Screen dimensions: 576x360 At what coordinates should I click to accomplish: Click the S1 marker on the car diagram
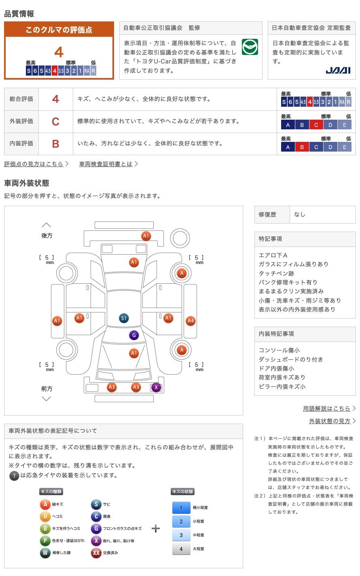tap(124, 318)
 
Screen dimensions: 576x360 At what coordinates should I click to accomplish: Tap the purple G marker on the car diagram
tap(134, 335)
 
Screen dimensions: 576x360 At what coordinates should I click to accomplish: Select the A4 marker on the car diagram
tap(191, 321)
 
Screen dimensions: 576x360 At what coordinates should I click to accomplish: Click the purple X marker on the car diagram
tap(156, 387)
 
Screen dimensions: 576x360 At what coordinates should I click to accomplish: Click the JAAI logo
tap(338, 70)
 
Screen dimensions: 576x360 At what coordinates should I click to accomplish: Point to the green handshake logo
tap(250, 47)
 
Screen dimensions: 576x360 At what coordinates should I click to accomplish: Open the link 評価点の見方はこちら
tap(34, 164)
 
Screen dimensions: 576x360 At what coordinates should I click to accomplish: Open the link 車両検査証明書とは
tap(106, 164)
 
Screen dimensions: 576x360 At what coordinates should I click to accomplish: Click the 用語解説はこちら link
tap(327, 408)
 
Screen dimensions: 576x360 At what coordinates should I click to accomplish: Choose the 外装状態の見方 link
tap(330, 421)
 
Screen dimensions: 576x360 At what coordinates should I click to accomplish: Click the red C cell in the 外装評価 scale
tap(316, 125)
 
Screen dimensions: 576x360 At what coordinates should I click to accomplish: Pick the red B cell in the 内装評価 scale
tap(302, 147)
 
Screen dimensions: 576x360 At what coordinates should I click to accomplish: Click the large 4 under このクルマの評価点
tap(59, 52)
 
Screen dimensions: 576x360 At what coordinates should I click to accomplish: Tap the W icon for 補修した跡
tap(45, 553)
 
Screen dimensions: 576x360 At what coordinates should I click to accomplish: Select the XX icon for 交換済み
tap(96, 553)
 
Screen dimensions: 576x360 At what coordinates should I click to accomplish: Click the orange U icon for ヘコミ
tap(45, 516)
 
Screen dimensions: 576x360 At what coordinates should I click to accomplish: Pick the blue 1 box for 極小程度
tap(181, 508)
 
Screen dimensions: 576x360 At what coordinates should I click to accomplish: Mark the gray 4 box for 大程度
tap(181, 549)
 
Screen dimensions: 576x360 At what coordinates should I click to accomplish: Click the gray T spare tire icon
tap(14, 475)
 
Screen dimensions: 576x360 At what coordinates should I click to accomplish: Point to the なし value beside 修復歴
tap(300, 214)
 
